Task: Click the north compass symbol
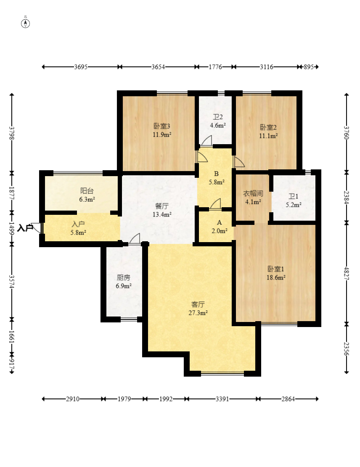pos(25,23)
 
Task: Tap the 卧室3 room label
pos(162,126)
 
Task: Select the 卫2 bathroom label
pos(217,117)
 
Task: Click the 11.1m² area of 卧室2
pos(268,135)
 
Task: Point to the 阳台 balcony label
pos(87,191)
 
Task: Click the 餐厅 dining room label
pos(162,206)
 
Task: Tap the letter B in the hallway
pos(216,174)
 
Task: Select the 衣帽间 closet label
pos(253,194)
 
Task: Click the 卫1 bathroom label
pos(293,197)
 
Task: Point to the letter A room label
pos(220,222)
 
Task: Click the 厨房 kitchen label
pos(123,278)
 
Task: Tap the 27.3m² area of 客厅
pos(198,313)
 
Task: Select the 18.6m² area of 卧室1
pos(276,277)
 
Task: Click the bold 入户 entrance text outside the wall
pos(25,228)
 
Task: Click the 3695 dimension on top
pos(81,67)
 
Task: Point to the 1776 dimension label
pos(215,67)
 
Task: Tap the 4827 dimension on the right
pos(346,273)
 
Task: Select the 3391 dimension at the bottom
pos(222,399)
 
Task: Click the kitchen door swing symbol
pos(135,239)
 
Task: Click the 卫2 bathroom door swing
pos(206,140)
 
